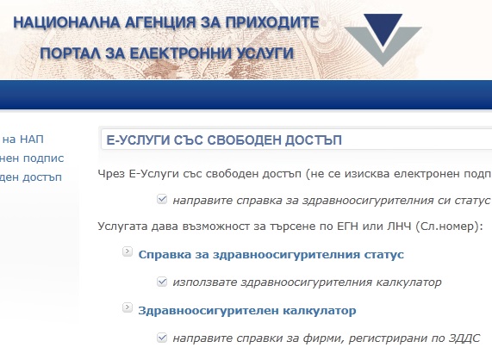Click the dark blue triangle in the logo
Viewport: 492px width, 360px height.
383,28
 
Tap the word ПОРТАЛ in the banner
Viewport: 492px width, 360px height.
71,53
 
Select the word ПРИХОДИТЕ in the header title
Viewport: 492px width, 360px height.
272,22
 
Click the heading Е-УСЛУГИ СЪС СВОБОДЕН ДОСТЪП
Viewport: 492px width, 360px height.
224,140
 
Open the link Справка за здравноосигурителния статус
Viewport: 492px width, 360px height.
271,254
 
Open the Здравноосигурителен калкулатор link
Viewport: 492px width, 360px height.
247,310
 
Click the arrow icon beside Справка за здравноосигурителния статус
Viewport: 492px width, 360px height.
128,251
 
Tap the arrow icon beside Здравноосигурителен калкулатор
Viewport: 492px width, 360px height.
128,307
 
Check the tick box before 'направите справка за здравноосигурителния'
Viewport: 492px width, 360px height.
162,199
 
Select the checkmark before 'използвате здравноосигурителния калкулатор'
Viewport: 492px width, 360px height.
162,282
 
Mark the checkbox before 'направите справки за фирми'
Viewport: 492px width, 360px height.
162,338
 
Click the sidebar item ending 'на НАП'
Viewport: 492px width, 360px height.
22,140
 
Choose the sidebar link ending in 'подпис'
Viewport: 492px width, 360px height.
31,158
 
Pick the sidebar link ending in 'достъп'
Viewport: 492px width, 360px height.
31,177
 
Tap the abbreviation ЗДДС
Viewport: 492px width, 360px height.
464,338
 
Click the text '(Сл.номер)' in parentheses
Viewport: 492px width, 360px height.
449,227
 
